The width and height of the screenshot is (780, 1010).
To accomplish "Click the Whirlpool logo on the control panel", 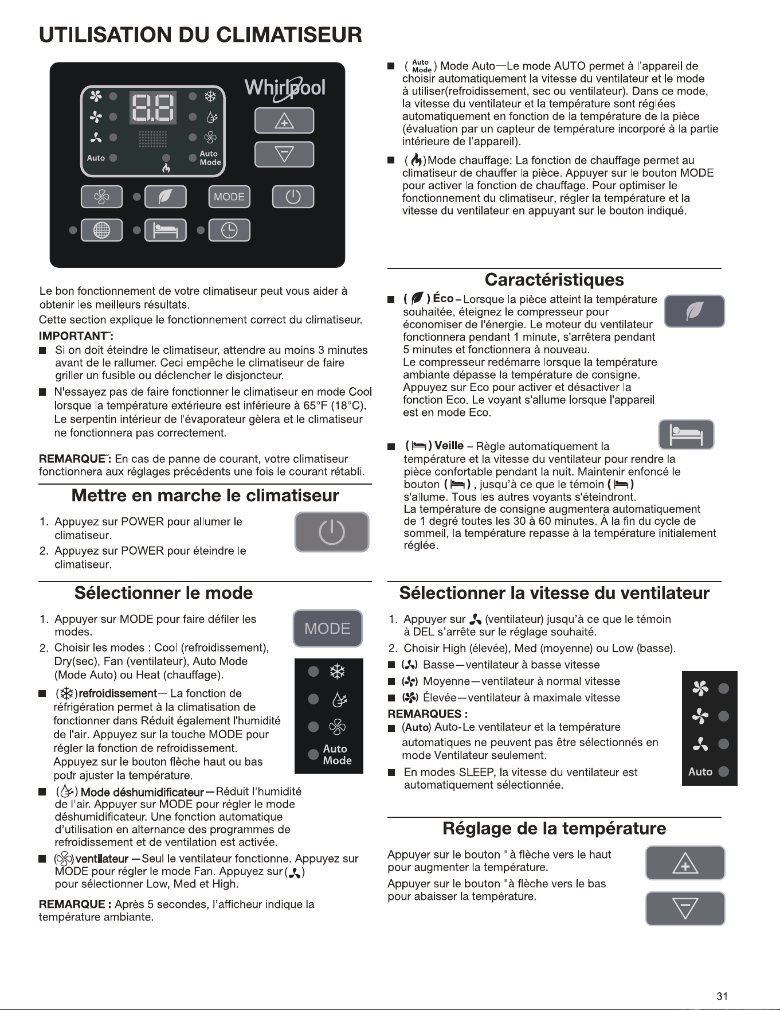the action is click(x=285, y=89).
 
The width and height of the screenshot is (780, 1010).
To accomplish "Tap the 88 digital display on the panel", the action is click(x=152, y=108).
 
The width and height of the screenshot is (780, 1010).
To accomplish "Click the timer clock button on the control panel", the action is click(x=229, y=230).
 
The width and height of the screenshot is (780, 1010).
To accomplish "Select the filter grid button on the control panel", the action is click(x=101, y=230).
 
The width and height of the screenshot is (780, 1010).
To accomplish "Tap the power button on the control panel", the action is click(x=293, y=197).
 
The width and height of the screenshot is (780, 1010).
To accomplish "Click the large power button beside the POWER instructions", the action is click(x=332, y=532).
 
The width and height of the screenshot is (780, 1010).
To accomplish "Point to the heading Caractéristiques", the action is click(x=554, y=280).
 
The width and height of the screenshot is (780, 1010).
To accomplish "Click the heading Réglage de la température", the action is click(x=554, y=828).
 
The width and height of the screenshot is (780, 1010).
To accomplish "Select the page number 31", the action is click(x=722, y=996).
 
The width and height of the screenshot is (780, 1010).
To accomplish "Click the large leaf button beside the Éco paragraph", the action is click(x=695, y=311).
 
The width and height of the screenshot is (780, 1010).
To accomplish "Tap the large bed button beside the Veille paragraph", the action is click(x=687, y=434).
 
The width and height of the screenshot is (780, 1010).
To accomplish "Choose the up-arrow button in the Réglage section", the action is click(x=685, y=863).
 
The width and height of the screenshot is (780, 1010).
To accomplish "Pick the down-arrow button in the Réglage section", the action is click(x=685, y=908).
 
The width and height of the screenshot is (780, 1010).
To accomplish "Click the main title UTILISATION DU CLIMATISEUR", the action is click(x=201, y=35).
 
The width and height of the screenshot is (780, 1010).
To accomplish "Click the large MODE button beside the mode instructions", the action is click(x=328, y=628).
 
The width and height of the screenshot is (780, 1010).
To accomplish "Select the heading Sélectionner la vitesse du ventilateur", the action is click(x=554, y=593).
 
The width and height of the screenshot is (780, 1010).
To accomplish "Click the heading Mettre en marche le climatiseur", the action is click(x=205, y=496).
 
